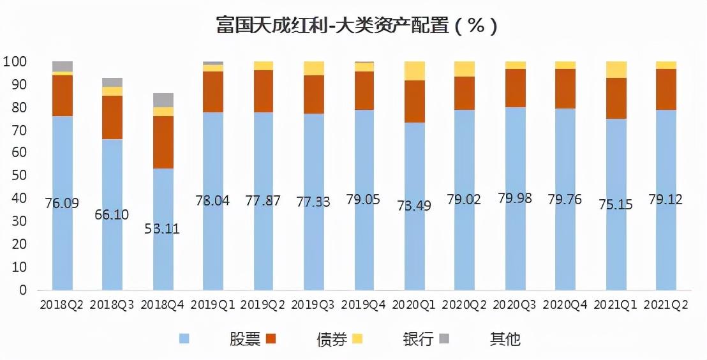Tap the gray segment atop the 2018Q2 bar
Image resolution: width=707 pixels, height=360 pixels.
tap(63, 66)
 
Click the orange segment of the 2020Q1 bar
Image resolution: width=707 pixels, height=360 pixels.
tap(415, 101)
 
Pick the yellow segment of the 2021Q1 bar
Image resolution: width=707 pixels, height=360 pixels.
tap(616, 70)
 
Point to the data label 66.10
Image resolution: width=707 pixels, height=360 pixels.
tap(112, 214)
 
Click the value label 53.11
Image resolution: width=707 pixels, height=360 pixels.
tap(163, 229)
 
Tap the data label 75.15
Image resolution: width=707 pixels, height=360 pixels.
tap(616, 204)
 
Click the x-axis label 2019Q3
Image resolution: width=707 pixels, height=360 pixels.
tap(314, 305)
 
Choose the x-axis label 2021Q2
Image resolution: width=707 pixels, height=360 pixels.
tap(667, 305)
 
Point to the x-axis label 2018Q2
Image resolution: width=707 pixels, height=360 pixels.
tap(62, 305)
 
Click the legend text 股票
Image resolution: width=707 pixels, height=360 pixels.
tap(245, 338)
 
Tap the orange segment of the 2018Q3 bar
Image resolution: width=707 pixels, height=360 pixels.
tap(112, 117)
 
